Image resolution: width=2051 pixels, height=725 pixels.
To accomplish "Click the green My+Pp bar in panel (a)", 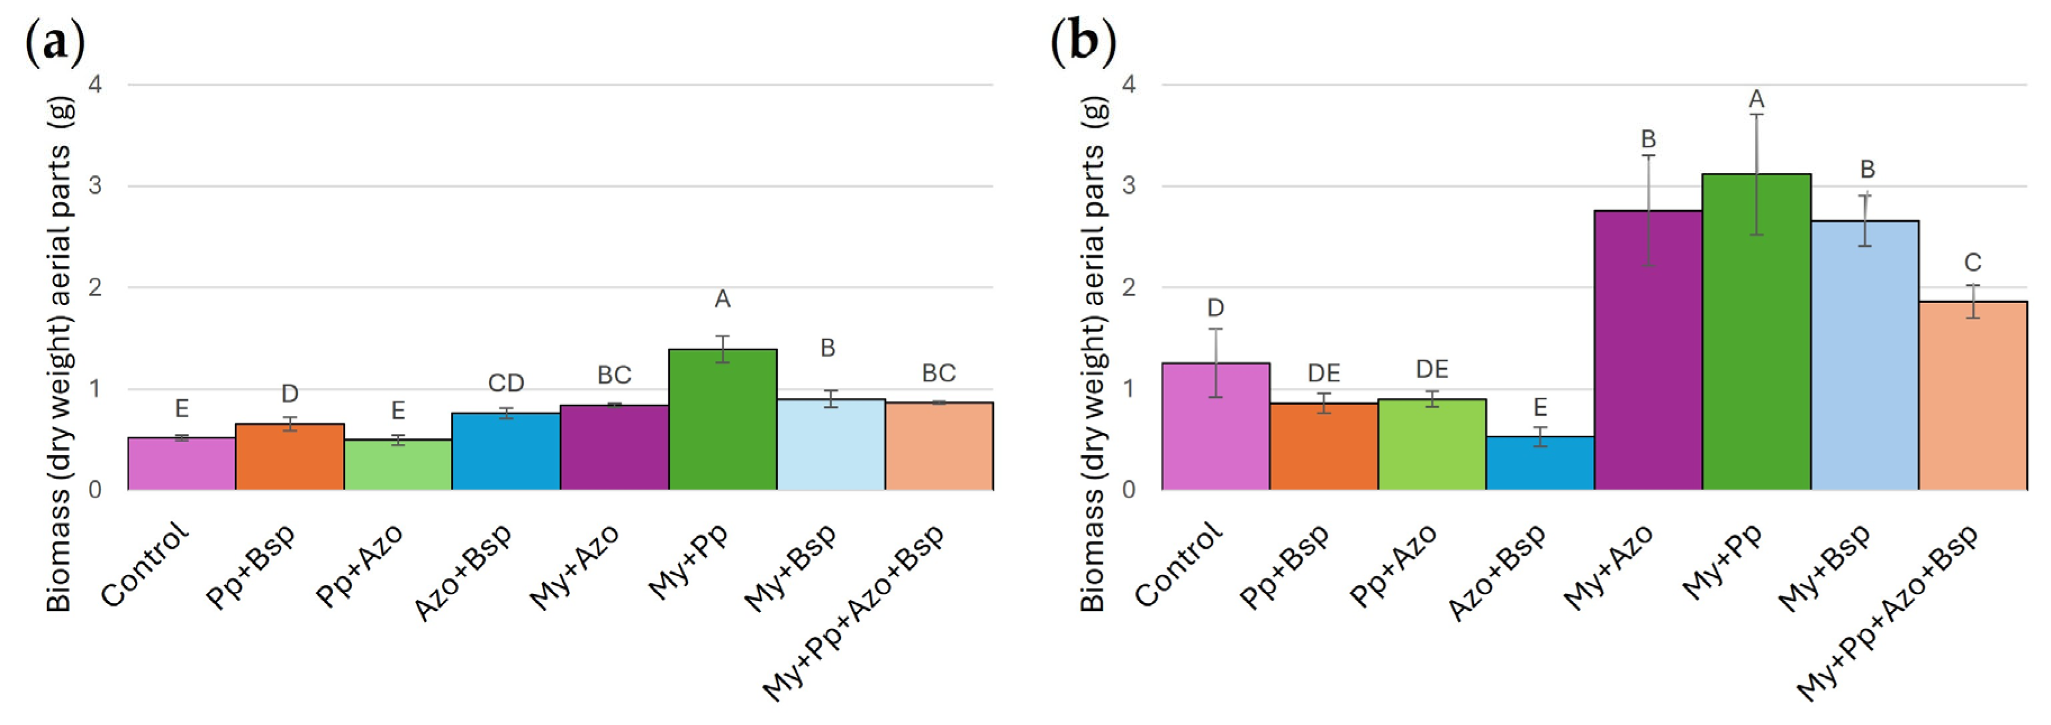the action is tap(722, 419).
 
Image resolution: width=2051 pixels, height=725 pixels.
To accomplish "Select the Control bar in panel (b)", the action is tap(1216, 427).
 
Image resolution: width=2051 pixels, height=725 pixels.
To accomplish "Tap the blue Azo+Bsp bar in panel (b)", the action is tap(1540, 463).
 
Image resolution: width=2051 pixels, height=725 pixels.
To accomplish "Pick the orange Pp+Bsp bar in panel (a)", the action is tap(290, 457).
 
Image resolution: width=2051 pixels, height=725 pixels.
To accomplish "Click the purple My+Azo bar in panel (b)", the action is tap(1648, 350).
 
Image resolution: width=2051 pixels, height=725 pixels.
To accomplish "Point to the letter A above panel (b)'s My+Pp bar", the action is tap(1756, 99).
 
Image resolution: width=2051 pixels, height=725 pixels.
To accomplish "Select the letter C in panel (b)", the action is tap(1972, 262).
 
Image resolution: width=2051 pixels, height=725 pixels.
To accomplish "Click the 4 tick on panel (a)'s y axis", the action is tap(96, 84).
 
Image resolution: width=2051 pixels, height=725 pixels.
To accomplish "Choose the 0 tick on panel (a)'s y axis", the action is tap(96, 490).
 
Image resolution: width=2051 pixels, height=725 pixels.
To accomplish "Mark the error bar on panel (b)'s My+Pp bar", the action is tap(1756, 174).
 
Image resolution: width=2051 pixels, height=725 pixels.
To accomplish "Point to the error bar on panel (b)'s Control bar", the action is tap(1216, 363).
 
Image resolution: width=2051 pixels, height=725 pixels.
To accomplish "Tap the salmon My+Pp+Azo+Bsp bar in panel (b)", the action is tap(1972, 396).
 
